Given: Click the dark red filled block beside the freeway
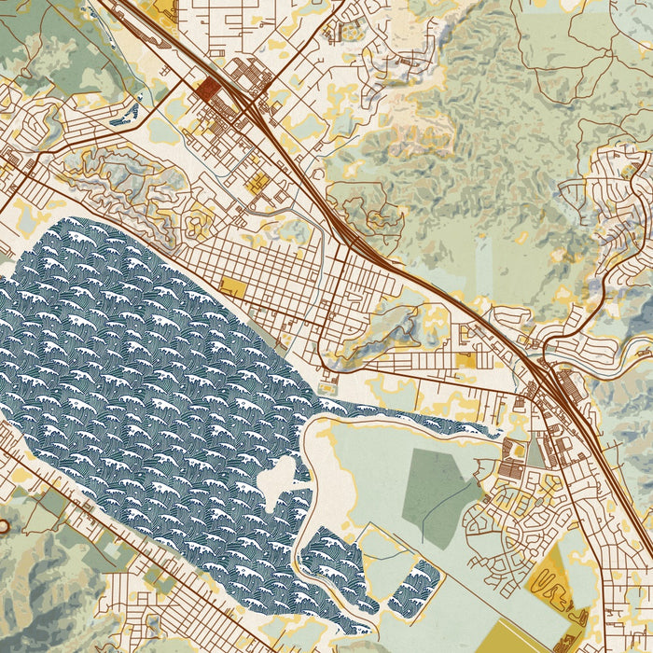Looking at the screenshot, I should pos(207,90).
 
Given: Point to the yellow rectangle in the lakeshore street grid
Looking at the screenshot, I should pos(233,288).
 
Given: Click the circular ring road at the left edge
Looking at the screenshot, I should pos(3,527).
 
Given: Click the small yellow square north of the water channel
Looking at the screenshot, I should pos(465,360).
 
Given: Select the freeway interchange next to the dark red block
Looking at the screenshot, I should pos(244,98).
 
